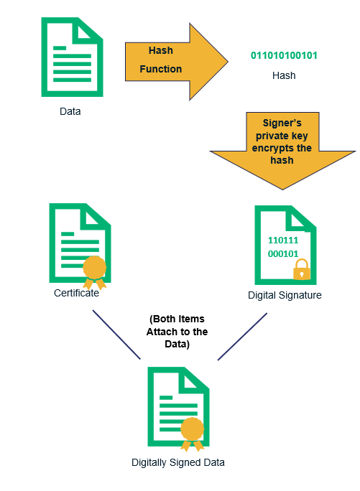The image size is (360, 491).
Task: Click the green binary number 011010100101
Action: coord(284,55)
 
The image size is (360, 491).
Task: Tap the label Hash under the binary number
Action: coord(284,75)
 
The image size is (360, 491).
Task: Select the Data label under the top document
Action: coord(70,111)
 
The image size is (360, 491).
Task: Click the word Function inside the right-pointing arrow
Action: coord(160,69)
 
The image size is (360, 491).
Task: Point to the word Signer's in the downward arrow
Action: coord(282,123)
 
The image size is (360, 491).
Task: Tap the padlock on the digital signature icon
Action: coord(302,269)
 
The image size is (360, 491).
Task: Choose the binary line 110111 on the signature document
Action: coord(283,240)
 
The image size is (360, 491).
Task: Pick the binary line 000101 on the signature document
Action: coord(283,253)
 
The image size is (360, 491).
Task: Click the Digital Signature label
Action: coord(285,295)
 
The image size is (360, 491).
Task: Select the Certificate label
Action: coord(76,293)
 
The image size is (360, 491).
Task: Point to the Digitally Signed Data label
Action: coord(177,462)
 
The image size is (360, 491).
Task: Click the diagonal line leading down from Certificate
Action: coord(116,335)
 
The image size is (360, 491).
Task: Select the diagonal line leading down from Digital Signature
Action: coord(242,337)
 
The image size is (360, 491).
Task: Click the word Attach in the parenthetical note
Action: coord(162,332)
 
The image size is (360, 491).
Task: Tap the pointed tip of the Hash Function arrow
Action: coord(228,62)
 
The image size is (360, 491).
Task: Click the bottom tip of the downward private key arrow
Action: coord(282,189)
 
